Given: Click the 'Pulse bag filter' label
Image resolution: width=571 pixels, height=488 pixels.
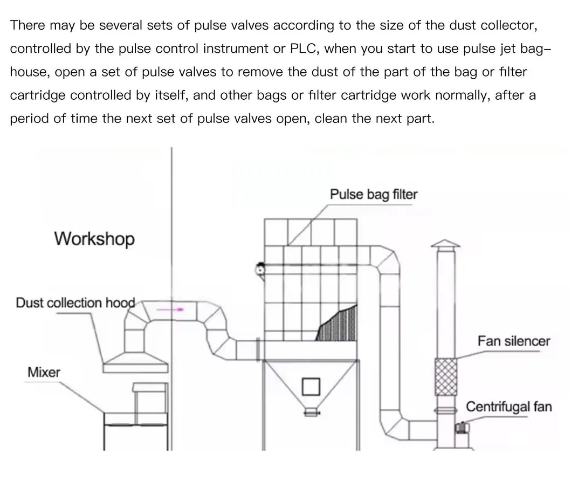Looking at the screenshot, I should tap(373, 195).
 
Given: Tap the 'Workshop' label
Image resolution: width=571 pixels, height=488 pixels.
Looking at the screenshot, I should tap(94, 238).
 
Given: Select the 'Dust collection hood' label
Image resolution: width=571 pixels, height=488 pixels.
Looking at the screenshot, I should tap(75, 303).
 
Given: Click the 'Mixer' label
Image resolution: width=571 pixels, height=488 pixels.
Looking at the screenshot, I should tap(44, 372).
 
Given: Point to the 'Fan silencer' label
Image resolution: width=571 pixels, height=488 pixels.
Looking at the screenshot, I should tap(513, 341).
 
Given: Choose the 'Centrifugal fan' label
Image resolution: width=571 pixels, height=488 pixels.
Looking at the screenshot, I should tap(508, 407).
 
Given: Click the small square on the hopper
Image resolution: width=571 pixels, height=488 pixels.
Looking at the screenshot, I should tap(311, 386).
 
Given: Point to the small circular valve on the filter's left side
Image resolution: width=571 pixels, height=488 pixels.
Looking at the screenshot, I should tap(260, 268).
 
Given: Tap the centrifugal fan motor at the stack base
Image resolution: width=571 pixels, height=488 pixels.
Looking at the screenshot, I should tap(461, 428).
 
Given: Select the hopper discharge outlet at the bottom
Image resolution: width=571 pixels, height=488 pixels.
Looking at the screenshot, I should tap(311, 412).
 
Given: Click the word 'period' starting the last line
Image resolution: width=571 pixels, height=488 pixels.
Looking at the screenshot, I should tap(29, 119).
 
